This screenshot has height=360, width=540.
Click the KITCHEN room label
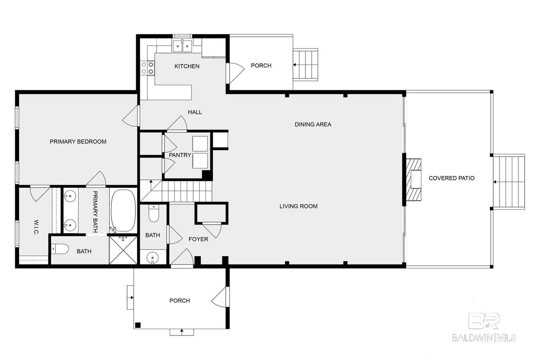click(187, 66)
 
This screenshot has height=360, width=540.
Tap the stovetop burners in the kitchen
click(148, 68)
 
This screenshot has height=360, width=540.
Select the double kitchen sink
click(182, 46)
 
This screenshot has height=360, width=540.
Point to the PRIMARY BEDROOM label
click(78, 141)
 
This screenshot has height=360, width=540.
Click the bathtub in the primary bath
click(123, 210)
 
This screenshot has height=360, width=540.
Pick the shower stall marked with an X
click(123, 250)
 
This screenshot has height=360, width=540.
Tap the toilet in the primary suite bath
click(60, 249)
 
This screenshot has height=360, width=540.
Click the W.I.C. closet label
click(36, 227)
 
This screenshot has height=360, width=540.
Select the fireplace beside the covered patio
click(413, 180)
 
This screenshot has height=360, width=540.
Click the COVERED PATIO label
click(451, 178)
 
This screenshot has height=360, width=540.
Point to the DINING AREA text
click(313, 125)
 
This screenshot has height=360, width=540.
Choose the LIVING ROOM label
click(298, 206)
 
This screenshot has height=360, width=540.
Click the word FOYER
click(198, 239)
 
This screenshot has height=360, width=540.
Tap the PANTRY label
click(180, 155)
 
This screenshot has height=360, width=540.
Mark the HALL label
click(195, 112)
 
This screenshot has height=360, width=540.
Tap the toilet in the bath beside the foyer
click(154, 213)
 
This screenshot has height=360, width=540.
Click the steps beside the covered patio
click(509, 182)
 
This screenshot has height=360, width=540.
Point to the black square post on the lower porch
click(138, 325)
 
